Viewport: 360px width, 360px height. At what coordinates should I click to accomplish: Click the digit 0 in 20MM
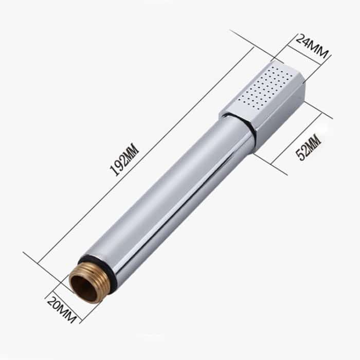(x=59, y=307)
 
